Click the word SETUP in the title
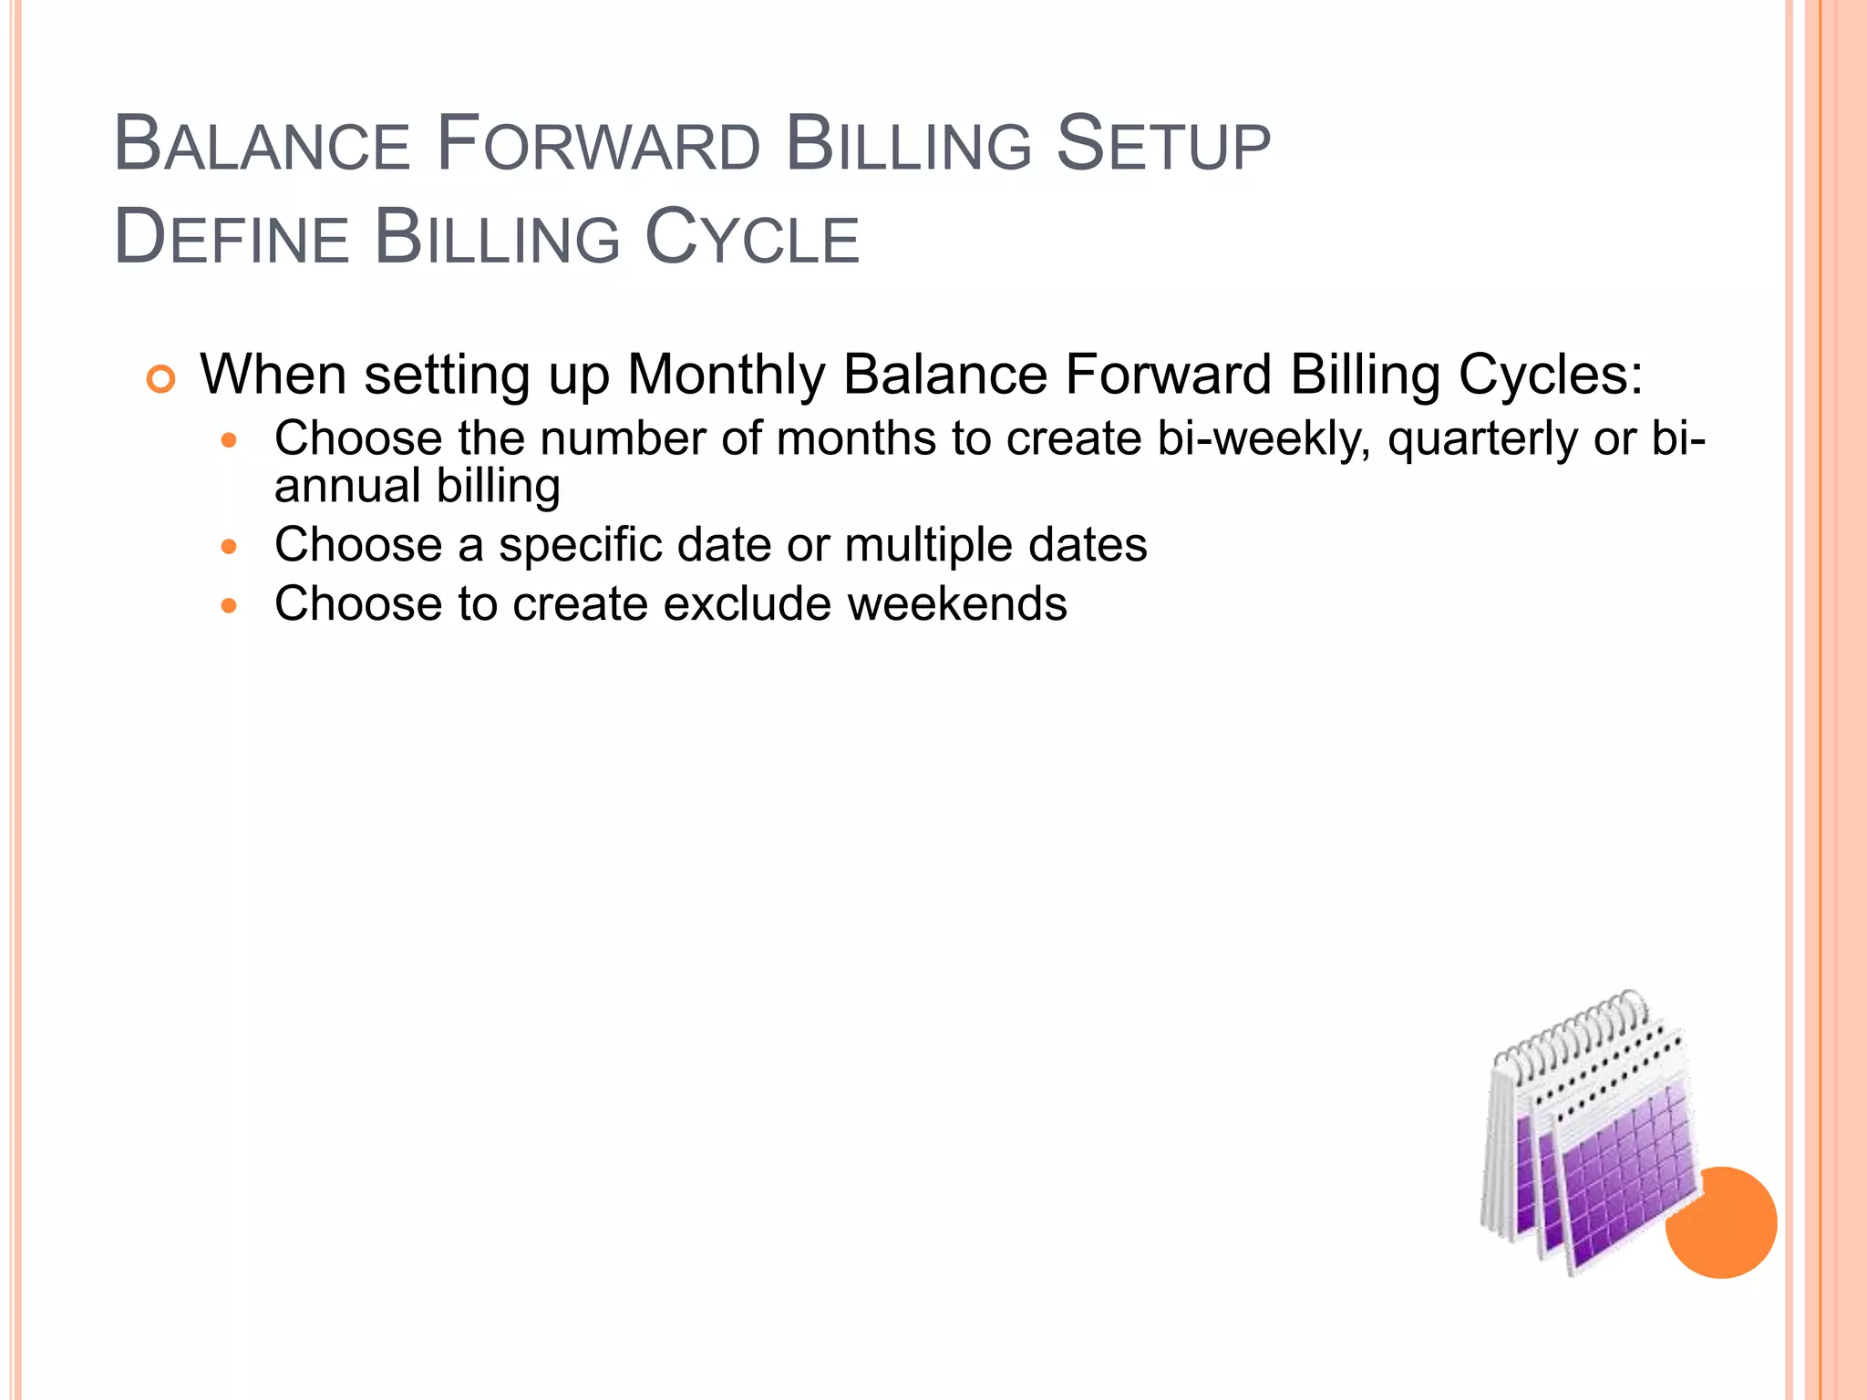(1162, 146)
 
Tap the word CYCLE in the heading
(752, 239)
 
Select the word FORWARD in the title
(597, 146)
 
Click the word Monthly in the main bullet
(726, 375)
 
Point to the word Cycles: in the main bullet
(1550, 375)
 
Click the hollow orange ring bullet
(160, 379)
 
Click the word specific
(580, 545)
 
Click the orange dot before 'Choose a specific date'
(229, 548)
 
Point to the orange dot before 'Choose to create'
(229, 606)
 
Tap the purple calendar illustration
(1604, 1176)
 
